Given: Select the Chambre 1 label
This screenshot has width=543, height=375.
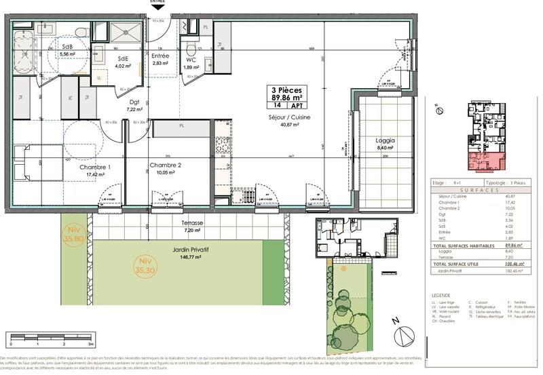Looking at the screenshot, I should (x=95, y=167).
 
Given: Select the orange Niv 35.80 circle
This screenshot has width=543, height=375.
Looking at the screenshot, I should (x=73, y=234).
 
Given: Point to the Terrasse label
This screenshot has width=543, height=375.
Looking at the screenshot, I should (x=183, y=222).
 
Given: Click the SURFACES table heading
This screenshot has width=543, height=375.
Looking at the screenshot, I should (x=483, y=189).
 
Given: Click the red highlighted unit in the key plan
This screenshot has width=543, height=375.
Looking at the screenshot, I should (x=484, y=161).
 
